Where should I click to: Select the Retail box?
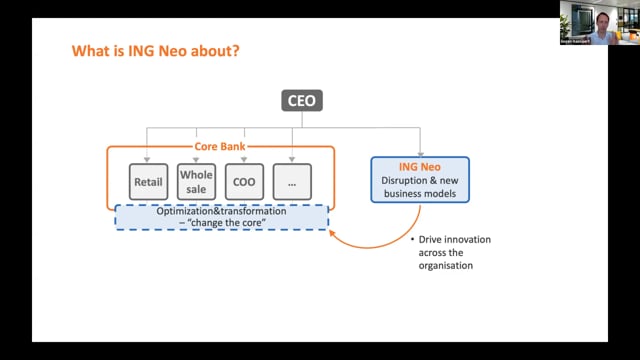[x=147, y=182]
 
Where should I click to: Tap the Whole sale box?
[x=196, y=182]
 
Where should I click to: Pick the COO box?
[x=244, y=182]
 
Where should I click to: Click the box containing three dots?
[x=292, y=182]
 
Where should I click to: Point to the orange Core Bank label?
[x=220, y=147]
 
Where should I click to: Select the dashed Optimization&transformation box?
[x=222, y=217]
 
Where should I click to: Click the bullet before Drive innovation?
[x=411, y=240]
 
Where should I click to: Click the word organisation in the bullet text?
[x=449, y=266]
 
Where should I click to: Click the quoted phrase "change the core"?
[x=222, y=224]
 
